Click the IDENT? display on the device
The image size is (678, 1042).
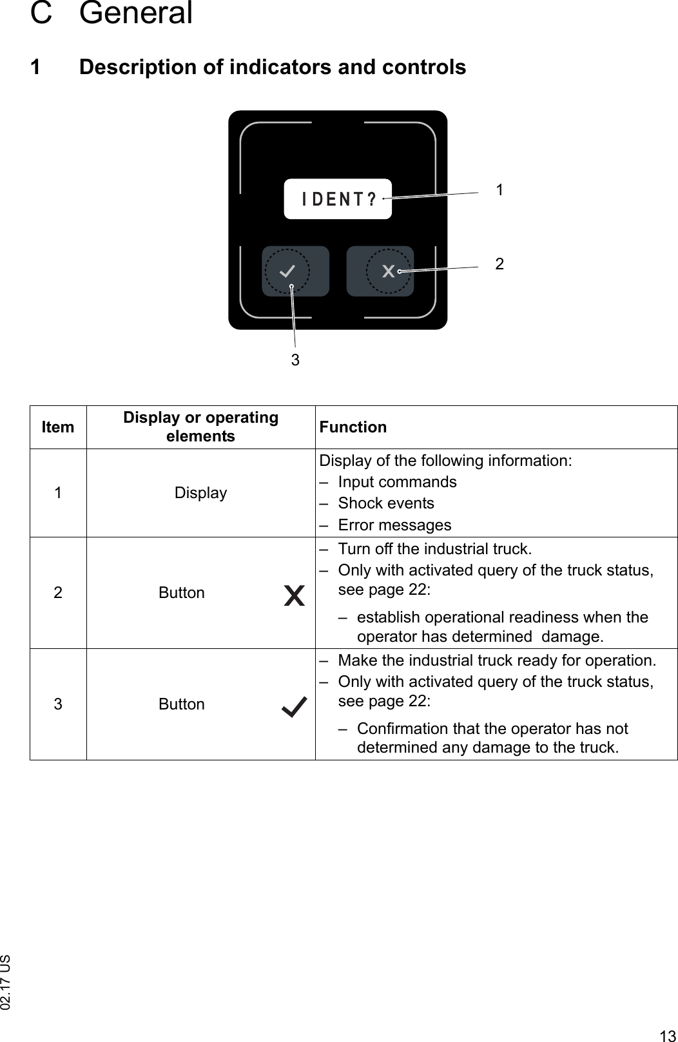pos(338,199)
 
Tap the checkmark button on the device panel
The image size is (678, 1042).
pos(295,271)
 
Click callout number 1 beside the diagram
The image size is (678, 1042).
pos(499,189)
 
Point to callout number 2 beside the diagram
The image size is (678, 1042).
pos(499,264)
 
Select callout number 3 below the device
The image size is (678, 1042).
pos(295,360)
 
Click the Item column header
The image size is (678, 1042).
pos(58,427)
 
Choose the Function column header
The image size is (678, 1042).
pos(353,427)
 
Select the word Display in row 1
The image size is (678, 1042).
pos(200,493)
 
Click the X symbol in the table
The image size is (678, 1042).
pos(294,596)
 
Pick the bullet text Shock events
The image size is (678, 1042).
pos(385,503)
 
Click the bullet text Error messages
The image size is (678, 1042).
pos(394,525)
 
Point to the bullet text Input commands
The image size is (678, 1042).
pos(397,482)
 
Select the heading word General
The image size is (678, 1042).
pos(136,13)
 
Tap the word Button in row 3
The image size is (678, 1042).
pos(182,704)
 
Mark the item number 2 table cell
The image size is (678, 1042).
pos(58,593)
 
